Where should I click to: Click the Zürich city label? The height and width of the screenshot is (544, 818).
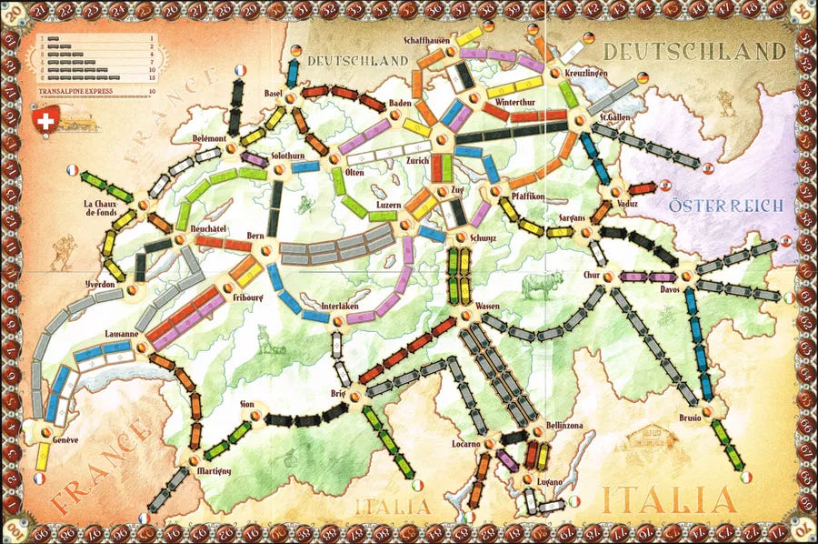tap(417, 160)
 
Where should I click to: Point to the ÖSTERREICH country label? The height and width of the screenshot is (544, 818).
tap(724, 207)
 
